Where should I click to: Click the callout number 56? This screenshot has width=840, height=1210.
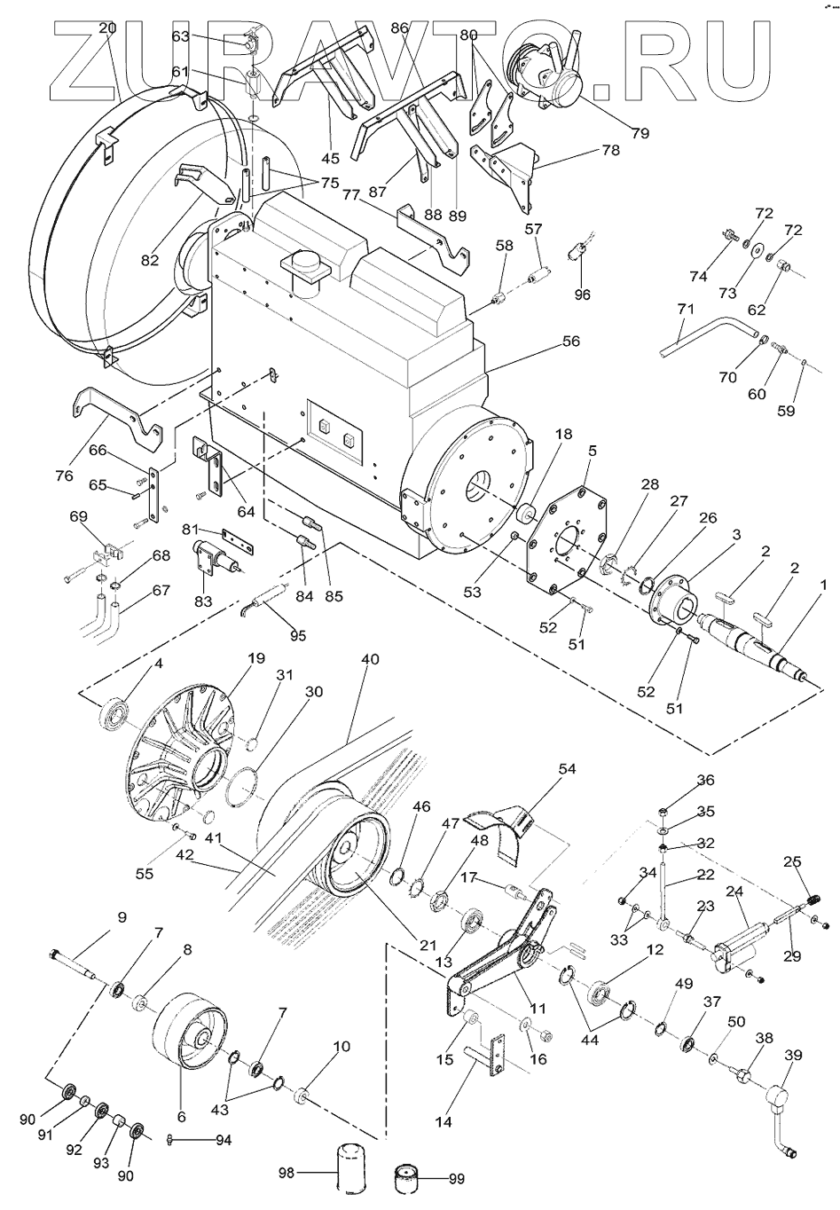570,342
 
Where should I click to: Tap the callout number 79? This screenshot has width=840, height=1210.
640,132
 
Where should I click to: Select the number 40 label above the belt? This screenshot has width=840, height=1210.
370,659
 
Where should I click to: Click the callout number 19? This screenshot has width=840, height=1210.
256,658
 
